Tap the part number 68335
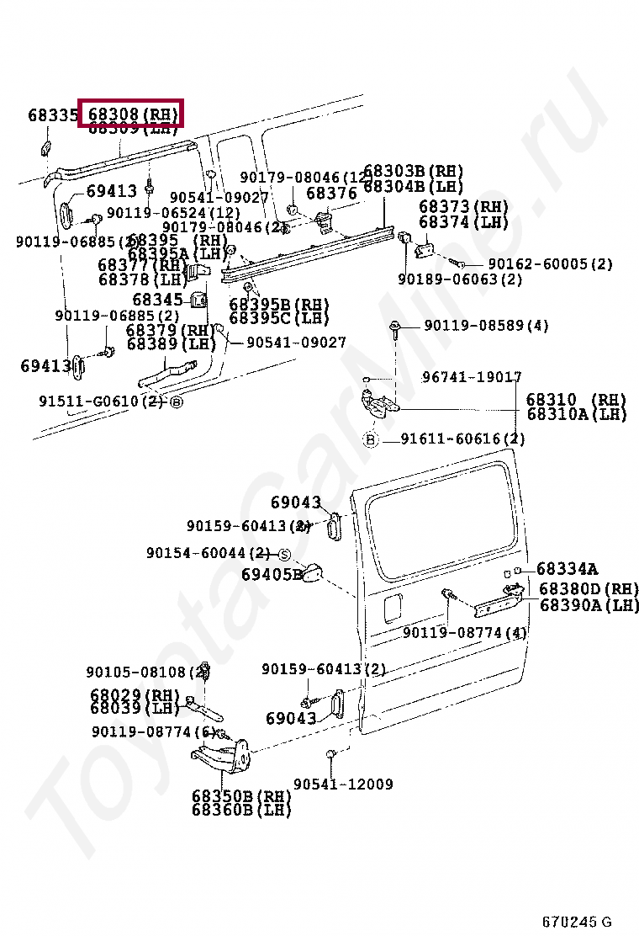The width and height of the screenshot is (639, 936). pos(52,114)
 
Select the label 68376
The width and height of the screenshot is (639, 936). pos(331,194)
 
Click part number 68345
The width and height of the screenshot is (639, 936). pos(157,299)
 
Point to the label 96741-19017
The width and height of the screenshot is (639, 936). pos(472,378)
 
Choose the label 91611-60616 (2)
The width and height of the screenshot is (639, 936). pos(462,439)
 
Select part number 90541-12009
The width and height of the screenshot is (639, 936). pos(343,784)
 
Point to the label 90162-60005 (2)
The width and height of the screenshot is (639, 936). pos(550,264)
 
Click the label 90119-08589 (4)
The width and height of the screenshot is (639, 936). pos(486,326)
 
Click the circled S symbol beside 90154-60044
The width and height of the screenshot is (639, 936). pos(283,554)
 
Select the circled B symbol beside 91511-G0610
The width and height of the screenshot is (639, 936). pos(176,402)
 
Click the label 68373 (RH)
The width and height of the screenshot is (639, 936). pos(463,207)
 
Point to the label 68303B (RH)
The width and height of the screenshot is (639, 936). pos(413,172)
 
